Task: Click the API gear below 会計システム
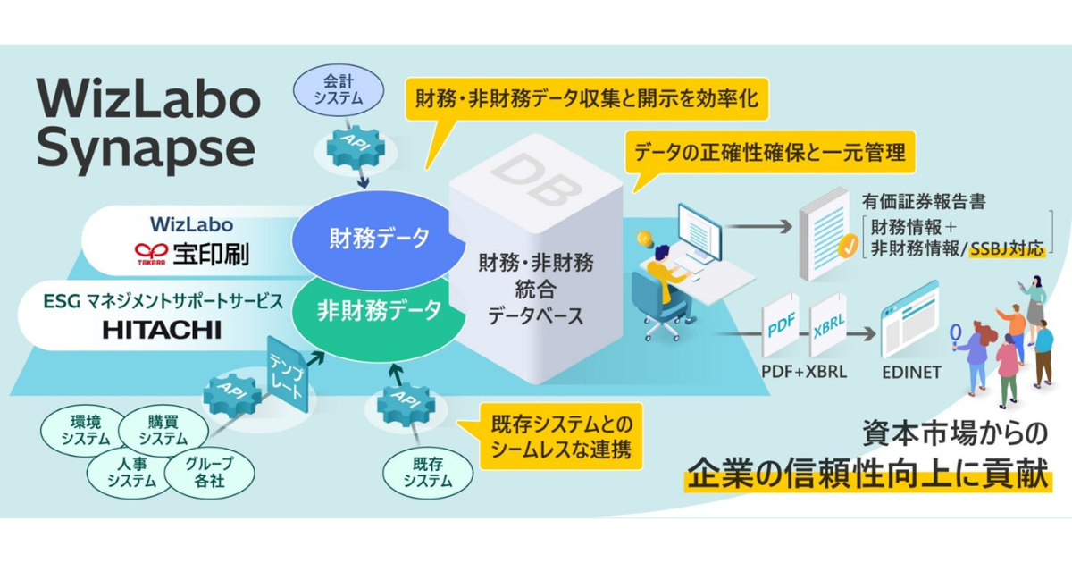click(x=355, y=148)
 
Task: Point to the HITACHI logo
click(x=162, y=329)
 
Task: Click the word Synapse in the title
click(x=147, y=149)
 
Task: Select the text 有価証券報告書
click(x=924, y=201)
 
